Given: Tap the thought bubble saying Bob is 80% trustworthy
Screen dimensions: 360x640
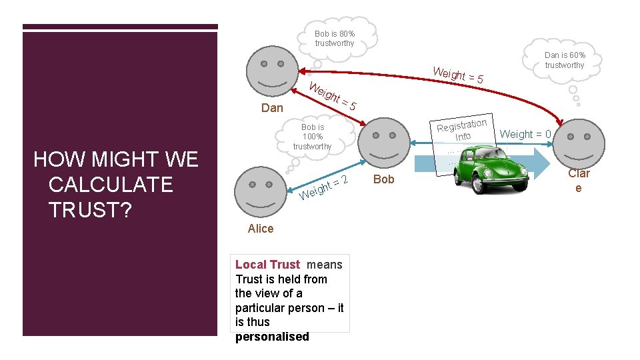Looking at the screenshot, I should coord(335,38).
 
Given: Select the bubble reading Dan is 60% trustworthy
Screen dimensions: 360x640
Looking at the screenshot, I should coord(564,60).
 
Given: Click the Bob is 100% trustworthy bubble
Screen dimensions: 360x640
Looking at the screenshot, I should coord(312,137).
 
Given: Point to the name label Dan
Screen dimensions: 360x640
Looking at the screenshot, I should coord(272,108).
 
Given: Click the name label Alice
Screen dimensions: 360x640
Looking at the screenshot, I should coord(261,229).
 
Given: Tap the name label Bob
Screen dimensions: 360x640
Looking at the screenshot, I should coord(384,179).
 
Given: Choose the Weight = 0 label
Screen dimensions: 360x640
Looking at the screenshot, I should coord(525,134).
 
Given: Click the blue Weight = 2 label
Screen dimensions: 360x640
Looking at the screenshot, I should coord(325,187).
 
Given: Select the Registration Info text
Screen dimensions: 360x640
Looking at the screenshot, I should coord(463,129).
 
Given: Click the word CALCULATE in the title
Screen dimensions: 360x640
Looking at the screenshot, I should coord(111,184).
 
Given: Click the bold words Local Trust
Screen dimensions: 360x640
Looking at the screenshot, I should coord(267,265).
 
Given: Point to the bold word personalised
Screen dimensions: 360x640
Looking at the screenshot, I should coord(272,336).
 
